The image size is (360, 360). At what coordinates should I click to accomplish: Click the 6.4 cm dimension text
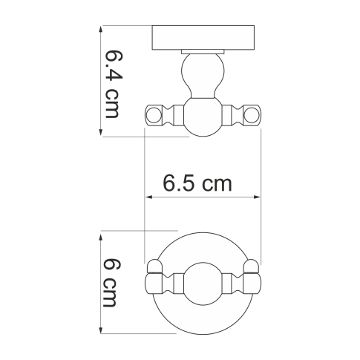pyautogui.click(x=112, y=83)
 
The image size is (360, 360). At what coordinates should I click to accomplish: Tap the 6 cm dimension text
pyautogui.click(x=112, y=284)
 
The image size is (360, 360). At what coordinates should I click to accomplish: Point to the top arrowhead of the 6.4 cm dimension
pyautogui.click(x=101, y=30)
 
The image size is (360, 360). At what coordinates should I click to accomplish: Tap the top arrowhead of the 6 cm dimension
pyautogui.click(x=101, y=236)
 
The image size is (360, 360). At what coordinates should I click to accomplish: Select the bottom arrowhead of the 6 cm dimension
pyautogui.click(x=101, y=333)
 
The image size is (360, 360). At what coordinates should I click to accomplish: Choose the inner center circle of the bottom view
pyautogui.click(x=203, y=284)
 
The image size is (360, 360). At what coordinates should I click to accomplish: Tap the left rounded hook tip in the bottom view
pyautogui.click(x=155, y=266)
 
